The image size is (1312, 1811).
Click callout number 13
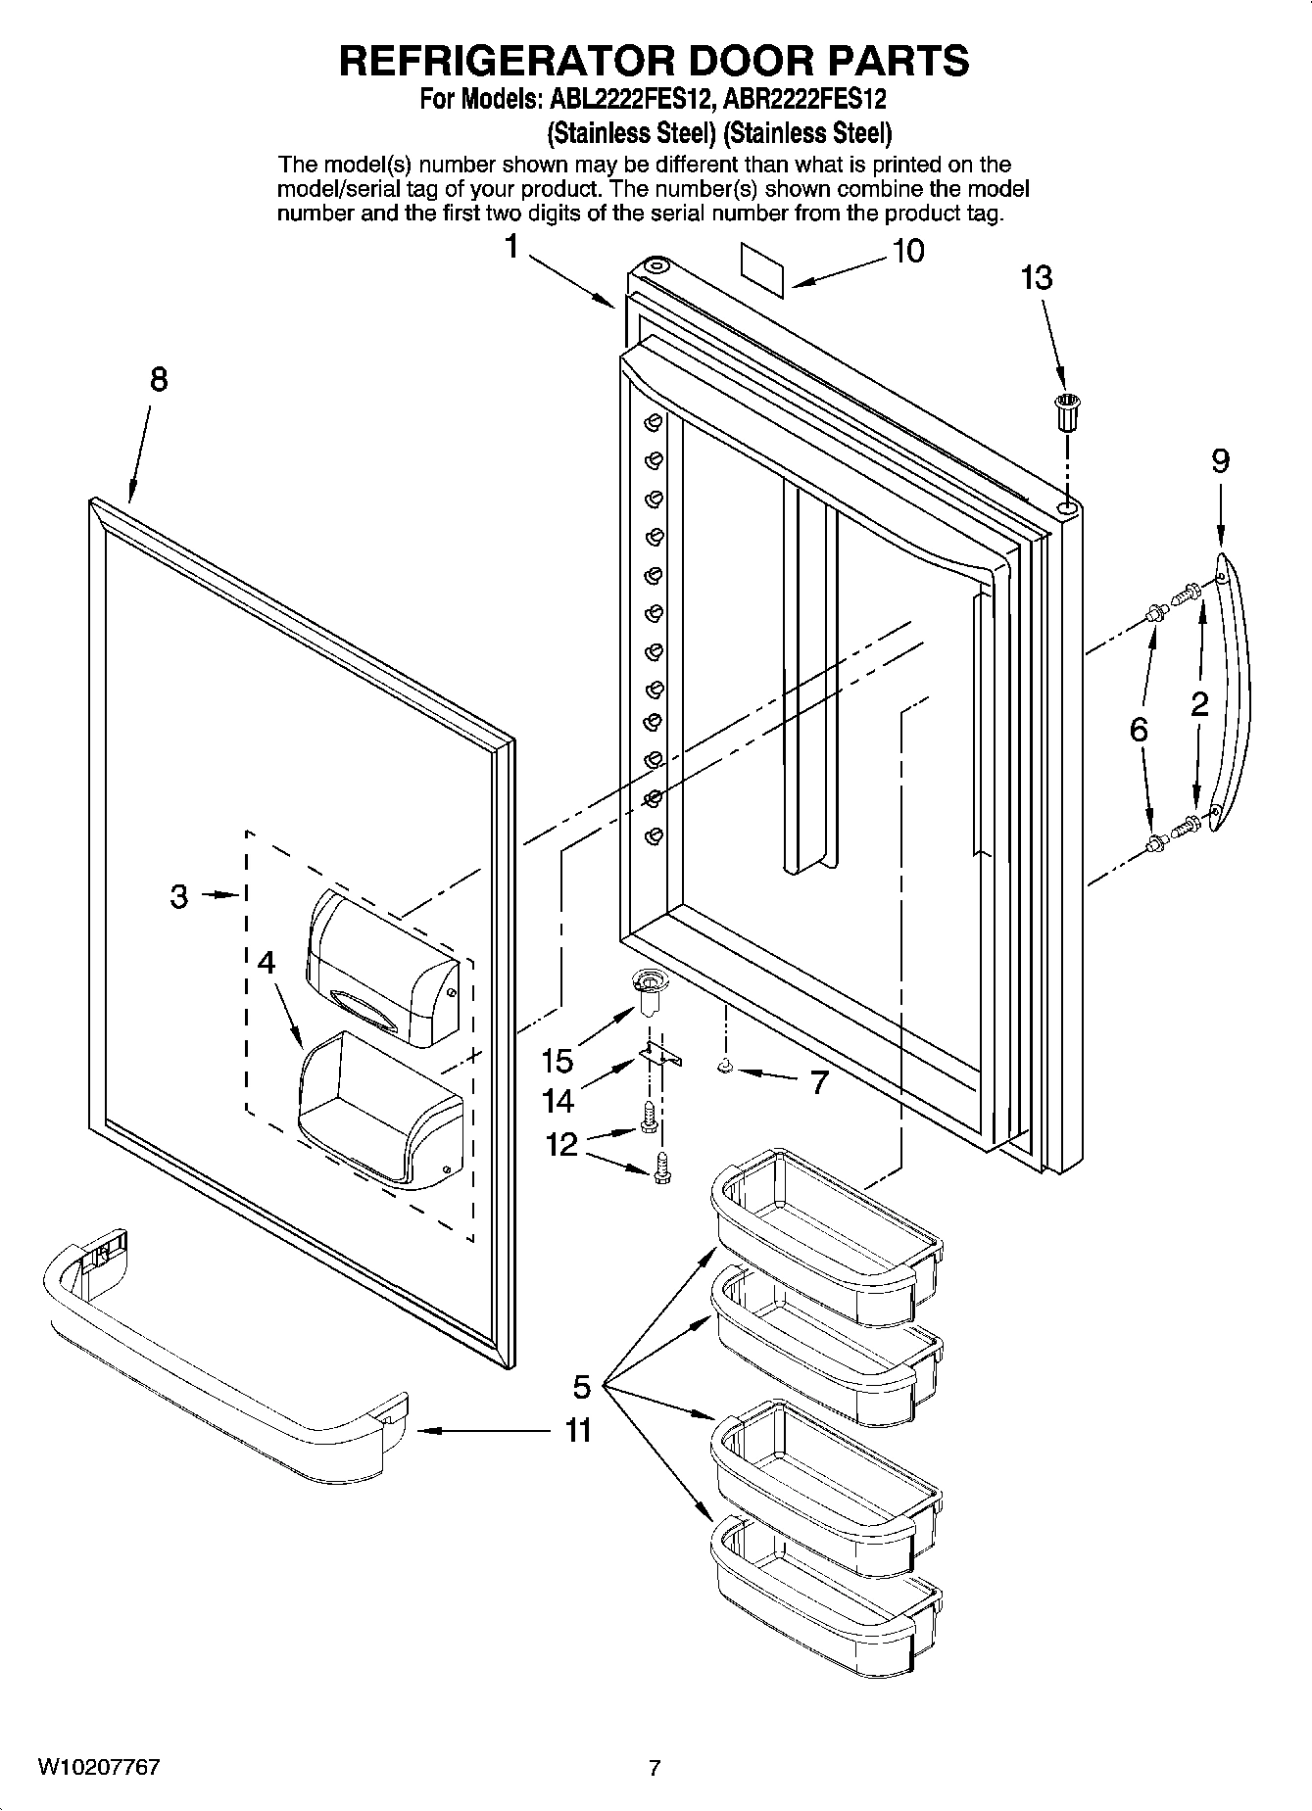(x=1036, y=278)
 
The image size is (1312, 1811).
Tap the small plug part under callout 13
(x=1065, y=410)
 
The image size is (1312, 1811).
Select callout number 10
(x=907, y=252)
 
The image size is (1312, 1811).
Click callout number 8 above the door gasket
(x=158, y=380)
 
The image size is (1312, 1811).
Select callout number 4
(x=266, y=963)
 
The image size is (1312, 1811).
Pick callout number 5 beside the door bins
(x=582, y=1387)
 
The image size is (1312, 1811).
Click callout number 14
(x=558, y=1102)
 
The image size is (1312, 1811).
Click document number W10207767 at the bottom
(x=99, y=1768)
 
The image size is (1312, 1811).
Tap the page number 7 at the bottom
(x=655, y=1769)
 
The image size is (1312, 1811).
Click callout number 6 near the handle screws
(x=1139, y=729)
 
